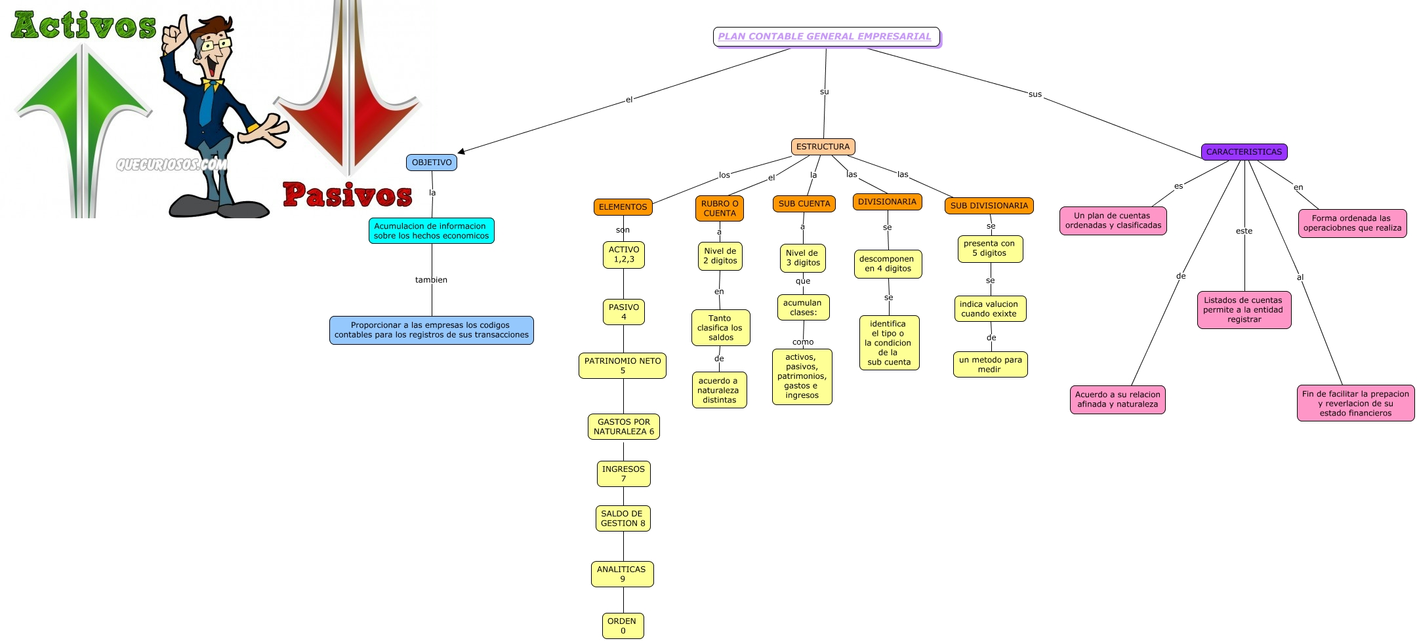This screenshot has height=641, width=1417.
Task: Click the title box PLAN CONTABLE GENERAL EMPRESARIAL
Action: coord(825,37)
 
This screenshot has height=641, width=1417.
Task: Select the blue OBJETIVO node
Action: coord(432,163)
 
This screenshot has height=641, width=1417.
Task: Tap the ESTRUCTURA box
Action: coord(823,147)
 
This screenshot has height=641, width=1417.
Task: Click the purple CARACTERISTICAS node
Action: coord(1244,152)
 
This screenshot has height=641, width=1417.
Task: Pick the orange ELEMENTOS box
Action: coord(623,207)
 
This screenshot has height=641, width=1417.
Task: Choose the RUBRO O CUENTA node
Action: coord(720,208)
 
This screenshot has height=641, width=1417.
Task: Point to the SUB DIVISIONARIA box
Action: coord(989,206)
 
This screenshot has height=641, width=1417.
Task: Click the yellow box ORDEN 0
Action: coord(623,626)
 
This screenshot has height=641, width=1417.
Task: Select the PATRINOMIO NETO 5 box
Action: coord(623,366)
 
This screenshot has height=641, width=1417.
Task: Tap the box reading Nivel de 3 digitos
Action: coord(803,258)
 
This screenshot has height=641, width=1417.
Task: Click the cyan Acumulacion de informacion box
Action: coord(431,231)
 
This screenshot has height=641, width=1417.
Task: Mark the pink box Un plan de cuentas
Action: coord(1113,220)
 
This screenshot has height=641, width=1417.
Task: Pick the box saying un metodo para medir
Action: coord(990,364)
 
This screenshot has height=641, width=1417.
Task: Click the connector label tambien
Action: coord(431,280)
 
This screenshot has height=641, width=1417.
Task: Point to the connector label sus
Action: coord(1035,94)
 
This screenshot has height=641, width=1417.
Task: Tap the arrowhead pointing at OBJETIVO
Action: coord(462,151)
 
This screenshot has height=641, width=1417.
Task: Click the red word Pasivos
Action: coord(348,195)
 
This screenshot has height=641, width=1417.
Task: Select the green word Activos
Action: coord(84,26)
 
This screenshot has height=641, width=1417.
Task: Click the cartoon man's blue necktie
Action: coord(207,105)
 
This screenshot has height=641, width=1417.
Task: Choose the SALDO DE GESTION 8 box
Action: coord(623,518)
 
